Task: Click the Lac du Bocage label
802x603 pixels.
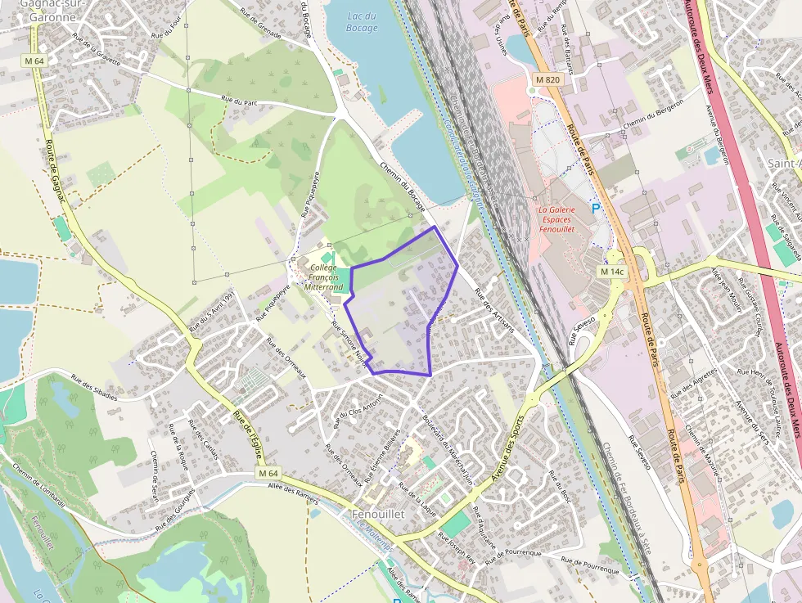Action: (x=362, y=22)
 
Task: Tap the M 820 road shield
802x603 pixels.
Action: (x=547, y=79)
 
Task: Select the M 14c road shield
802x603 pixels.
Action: (x=611, y=271)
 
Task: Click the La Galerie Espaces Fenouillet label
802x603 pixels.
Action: (x=556, y=220)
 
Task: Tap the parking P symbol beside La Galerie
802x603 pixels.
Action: (x=596, y=209)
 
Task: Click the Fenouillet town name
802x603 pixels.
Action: (x=378, y=514)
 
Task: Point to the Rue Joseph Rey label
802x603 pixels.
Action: (x=457, y=548)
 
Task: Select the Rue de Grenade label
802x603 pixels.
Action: (x=260, y=25)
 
